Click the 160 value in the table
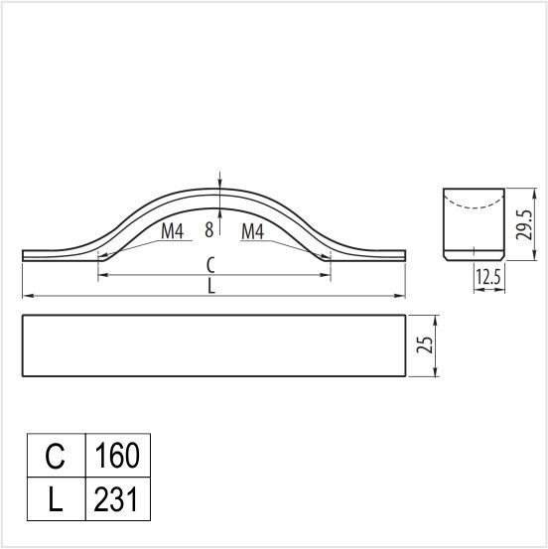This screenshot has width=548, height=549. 117,455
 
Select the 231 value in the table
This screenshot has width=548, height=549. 115,499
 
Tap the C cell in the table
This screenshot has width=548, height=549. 55,455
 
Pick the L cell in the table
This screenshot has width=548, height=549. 56,499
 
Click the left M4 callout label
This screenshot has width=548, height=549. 173,231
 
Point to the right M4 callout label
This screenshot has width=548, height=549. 252,231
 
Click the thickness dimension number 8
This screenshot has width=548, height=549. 209,230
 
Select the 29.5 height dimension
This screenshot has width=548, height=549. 524,224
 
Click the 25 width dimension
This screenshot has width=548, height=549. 425,344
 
